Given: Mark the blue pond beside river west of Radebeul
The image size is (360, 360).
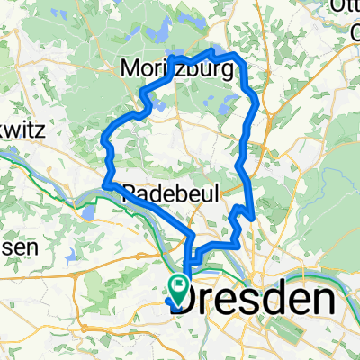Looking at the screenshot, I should pos(90,211).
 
